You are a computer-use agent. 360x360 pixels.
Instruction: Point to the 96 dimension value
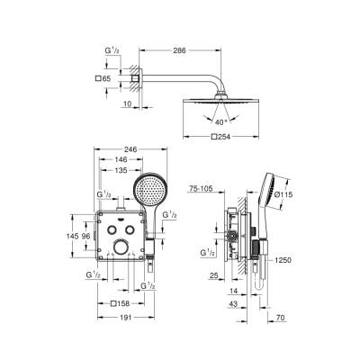pyautogui.click(x=85, y=236)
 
